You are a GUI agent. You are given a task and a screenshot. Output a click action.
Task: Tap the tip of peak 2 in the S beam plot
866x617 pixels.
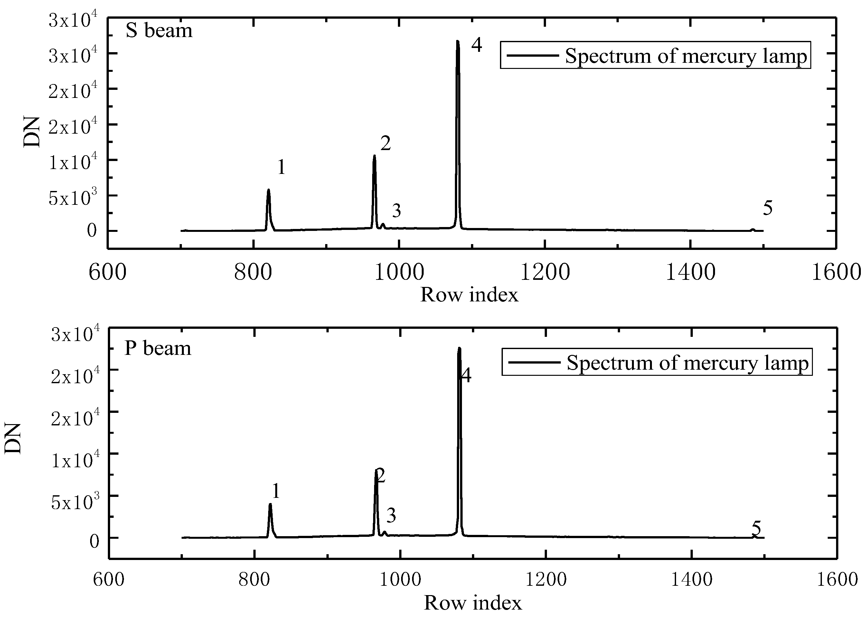pyautogui.click(x=374, y=156)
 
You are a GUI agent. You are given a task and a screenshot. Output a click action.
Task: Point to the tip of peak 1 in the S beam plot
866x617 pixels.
pyautogui.click(x=268, y=190)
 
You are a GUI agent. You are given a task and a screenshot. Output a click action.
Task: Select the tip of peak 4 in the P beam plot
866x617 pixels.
pyautogui.click(x=459, y=348)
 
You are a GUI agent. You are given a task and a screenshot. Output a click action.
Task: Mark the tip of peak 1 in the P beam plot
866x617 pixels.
pyautogui.click(x=270, y=505)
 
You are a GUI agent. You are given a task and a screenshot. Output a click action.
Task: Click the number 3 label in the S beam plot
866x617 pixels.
pyautogui.click(x=397, y=211)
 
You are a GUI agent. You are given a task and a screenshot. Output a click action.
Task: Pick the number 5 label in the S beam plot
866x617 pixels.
pyautogui.click(x=767, y=208)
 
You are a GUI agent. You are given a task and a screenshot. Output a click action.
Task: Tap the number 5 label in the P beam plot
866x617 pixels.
pyautogui.click(x=756, y=528)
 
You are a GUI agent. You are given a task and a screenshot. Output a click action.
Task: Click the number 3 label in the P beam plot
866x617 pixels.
pyautogui.click(x=391, y=516)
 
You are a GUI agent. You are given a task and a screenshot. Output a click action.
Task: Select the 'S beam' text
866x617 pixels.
pyautogui.click(x=159, y=30)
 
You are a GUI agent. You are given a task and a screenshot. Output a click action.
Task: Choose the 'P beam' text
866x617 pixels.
pyautogui.click(x=158, y=348)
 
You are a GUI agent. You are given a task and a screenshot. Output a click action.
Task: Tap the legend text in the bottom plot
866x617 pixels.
pyautogui.click(x=687, y=363)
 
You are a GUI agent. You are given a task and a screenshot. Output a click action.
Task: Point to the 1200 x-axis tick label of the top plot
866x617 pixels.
pyautogui.click(x=545, y=273)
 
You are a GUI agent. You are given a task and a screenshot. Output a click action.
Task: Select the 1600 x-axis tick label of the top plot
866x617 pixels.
pyautogui.click(x=836, y=273)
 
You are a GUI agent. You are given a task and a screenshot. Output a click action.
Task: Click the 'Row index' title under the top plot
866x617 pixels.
pyautogui.click(x=469, y=295)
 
